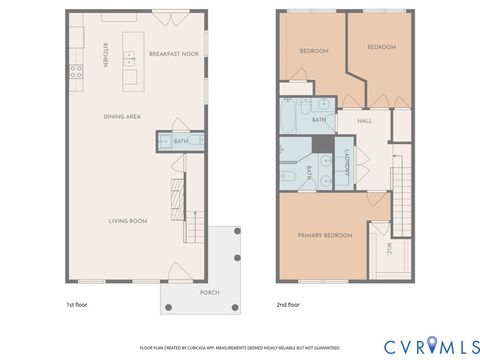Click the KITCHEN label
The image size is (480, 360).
point(106,55)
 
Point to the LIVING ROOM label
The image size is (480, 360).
point(128,220)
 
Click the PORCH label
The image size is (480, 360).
point(209,292)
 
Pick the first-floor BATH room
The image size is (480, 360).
point(181,142)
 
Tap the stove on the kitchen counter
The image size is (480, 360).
point(75,71)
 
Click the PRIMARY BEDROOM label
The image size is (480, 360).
point(325,235)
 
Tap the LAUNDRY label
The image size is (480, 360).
point(347,163)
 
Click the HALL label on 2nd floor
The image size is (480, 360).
point(366,120)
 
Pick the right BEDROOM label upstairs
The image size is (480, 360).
point(381,47)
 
